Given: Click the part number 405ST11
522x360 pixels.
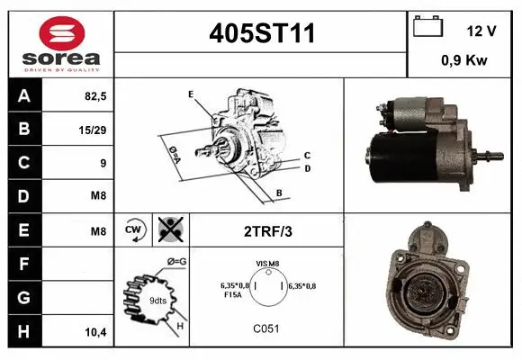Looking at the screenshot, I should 261,33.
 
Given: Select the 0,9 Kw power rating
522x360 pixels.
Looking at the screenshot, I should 464,61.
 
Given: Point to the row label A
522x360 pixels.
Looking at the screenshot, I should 23,95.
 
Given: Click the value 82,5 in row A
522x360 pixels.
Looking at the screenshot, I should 94,96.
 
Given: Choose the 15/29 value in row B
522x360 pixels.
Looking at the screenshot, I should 93,130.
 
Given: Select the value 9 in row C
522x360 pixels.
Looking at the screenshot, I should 103,163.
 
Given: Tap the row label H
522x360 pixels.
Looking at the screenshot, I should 23,332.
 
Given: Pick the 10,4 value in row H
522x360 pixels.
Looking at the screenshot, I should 94,332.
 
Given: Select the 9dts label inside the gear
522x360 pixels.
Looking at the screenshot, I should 157,299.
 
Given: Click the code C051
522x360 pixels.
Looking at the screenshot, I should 267,328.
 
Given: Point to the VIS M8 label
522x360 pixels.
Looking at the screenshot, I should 268,264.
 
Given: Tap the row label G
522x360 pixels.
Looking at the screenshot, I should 23,298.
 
